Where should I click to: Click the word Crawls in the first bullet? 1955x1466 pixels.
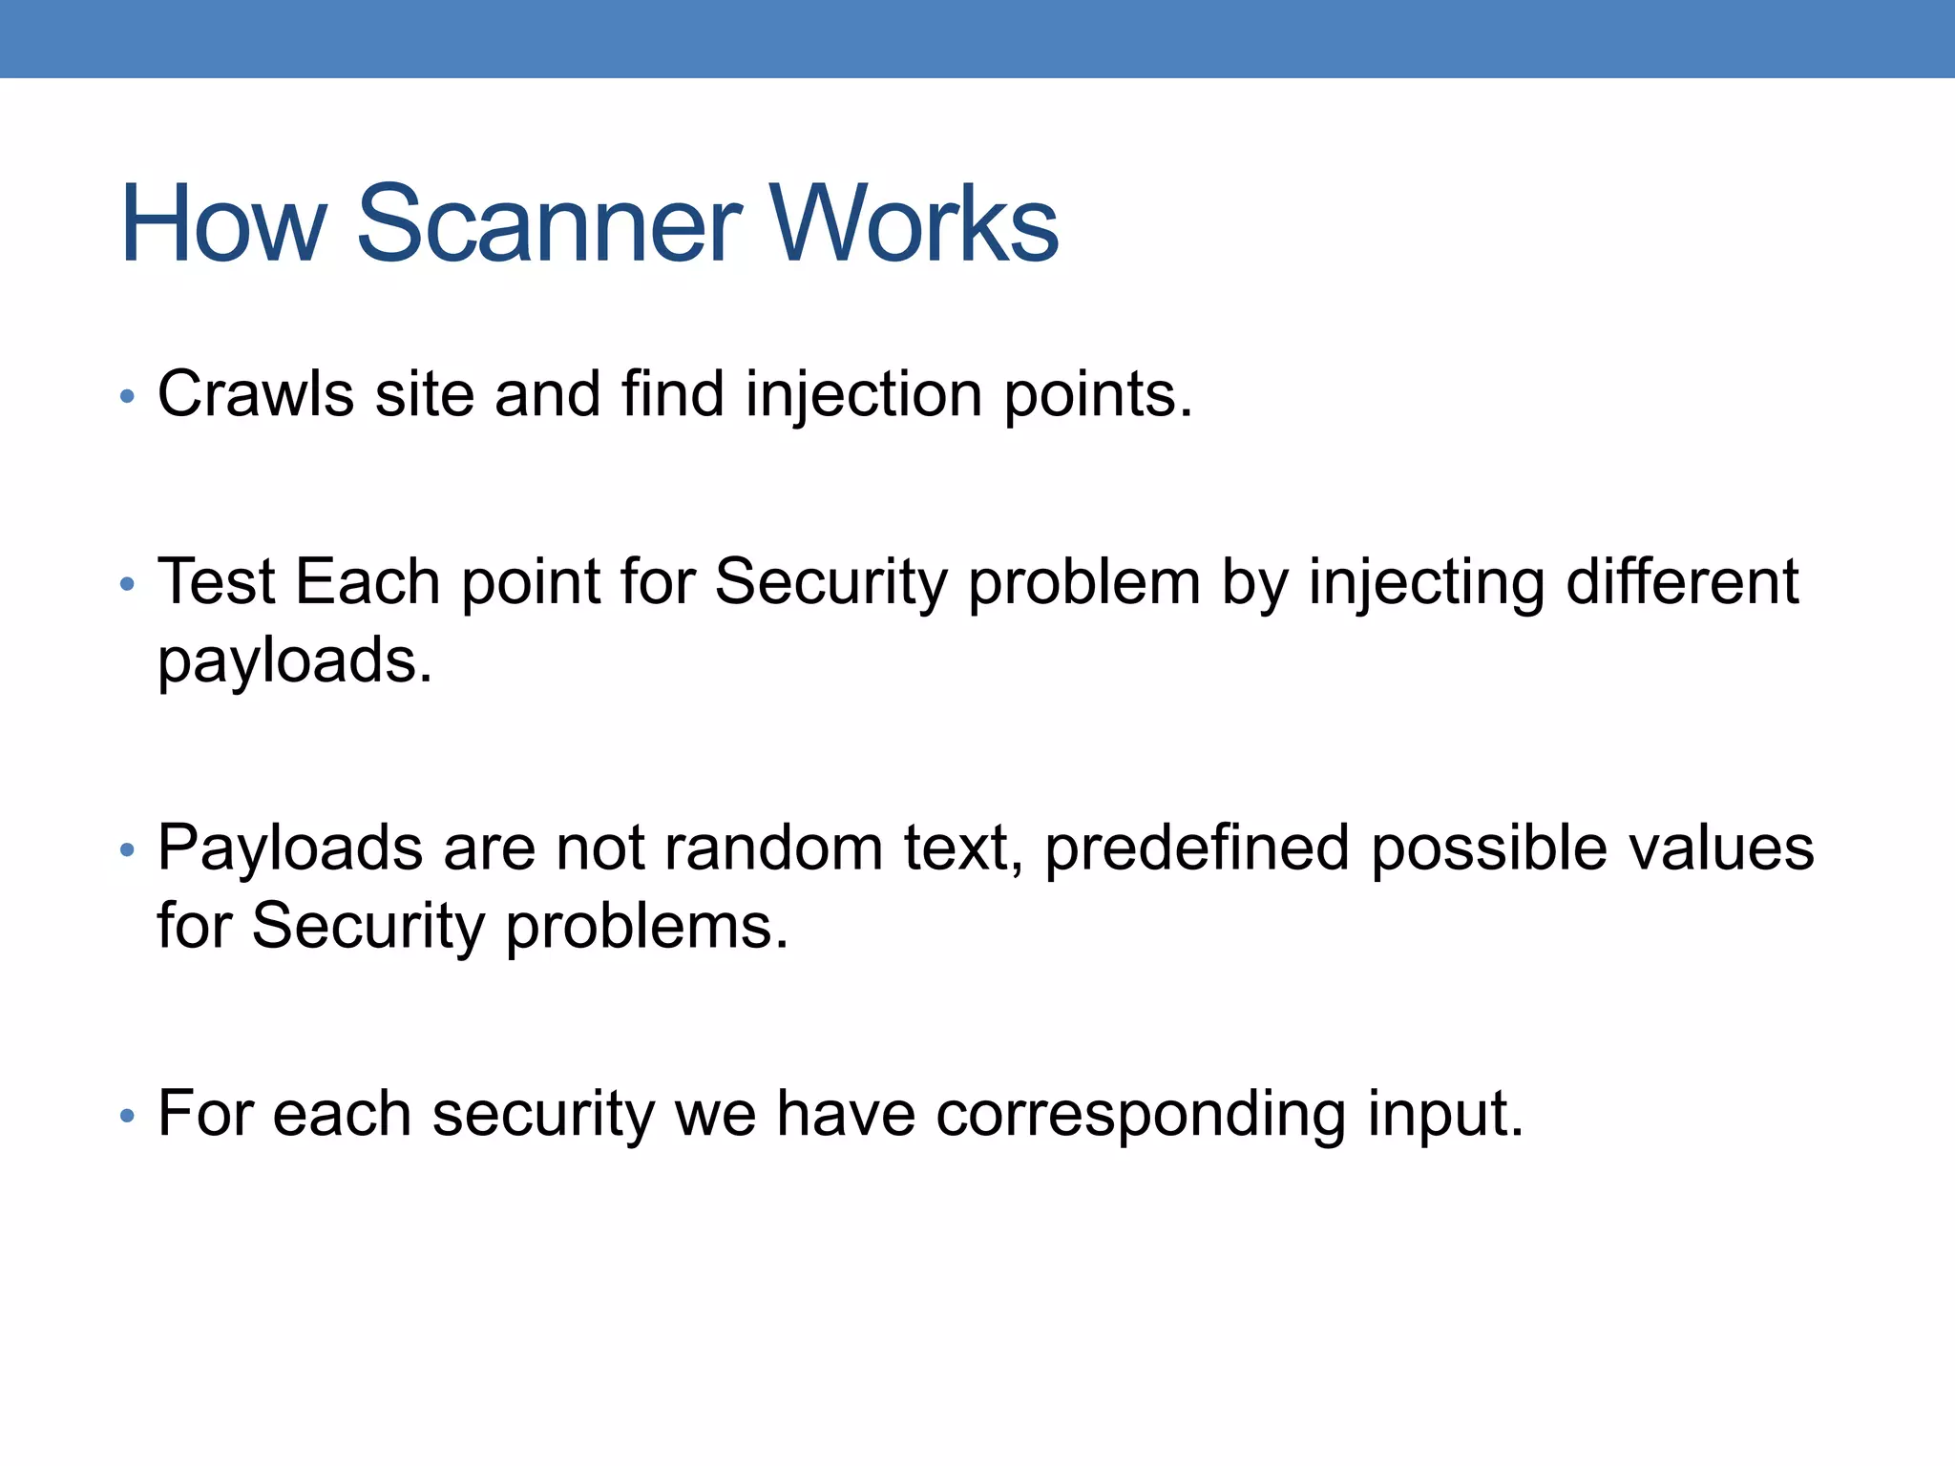[255, 393]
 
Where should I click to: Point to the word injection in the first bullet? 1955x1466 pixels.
[863, 395]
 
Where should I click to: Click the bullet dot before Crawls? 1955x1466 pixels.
[128, 396]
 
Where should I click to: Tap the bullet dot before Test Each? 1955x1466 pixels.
[128, 584]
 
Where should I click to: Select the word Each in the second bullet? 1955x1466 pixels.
[368, 581]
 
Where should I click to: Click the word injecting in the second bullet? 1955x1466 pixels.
[1425, 583]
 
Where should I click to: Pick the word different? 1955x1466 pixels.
[1682, 581]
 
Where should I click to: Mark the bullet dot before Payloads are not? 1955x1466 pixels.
[128, 849]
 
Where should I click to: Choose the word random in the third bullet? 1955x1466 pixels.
[773, 848]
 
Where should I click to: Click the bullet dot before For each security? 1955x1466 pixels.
[128, 1115]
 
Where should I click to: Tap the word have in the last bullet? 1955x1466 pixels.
[846, 1113]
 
